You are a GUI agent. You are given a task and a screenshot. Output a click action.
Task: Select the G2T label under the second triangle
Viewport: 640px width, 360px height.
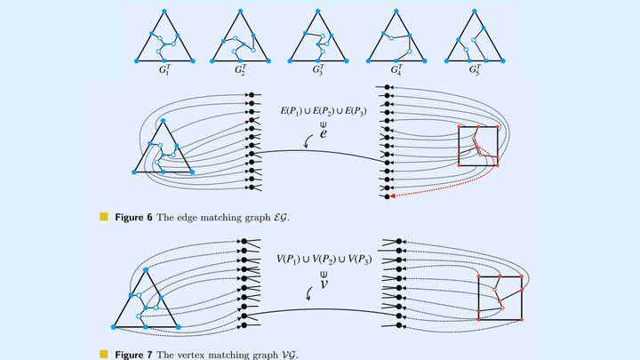point(242,68)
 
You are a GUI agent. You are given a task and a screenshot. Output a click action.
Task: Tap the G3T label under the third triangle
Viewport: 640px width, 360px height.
point(318,68)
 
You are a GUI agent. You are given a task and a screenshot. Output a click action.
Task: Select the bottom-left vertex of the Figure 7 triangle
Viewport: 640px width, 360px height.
point(115,327)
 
